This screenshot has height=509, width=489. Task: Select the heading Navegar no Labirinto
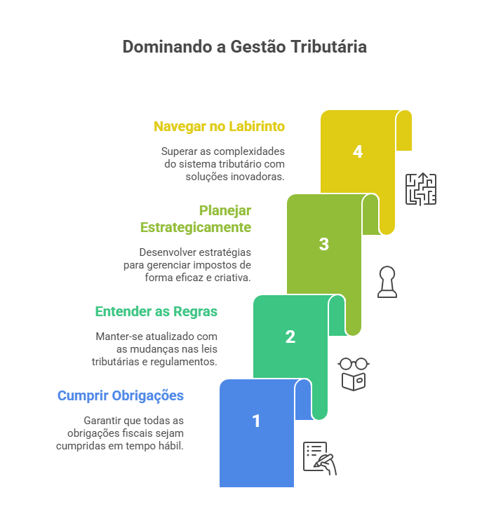[219, 127]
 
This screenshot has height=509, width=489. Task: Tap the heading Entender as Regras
[156, 311]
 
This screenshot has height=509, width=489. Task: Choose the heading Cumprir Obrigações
[121, 395]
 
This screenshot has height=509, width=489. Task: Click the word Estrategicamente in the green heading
[195, 227]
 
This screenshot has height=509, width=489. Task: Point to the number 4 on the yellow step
[358, 151]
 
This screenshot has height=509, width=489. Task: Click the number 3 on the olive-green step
[323, 244]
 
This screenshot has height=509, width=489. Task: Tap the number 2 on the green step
[290, 337]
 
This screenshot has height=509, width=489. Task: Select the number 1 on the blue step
[256, 421]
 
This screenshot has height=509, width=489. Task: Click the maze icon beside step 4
[421, 189]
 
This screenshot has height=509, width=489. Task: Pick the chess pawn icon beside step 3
[387, 282]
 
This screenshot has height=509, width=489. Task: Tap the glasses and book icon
[354, 374]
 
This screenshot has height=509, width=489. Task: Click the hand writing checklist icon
[320, 459]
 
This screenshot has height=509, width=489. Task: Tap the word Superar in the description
[179, 151]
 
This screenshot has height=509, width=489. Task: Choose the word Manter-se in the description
[117, 336]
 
